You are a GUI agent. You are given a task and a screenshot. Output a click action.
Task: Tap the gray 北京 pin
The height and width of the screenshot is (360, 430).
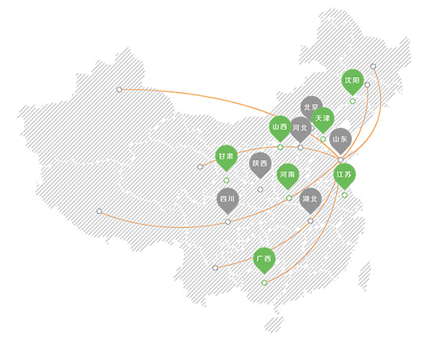tap(310, 105)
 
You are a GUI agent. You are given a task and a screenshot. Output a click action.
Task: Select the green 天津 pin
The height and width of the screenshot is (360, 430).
tap(323, 119)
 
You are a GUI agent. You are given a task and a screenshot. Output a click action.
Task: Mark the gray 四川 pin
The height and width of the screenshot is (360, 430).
tap(228, 200)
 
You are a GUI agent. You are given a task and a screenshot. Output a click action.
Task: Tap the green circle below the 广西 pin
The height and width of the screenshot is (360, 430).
tap(264, 283)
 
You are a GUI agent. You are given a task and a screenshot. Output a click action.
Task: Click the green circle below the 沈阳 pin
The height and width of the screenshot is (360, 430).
tap(353, 102)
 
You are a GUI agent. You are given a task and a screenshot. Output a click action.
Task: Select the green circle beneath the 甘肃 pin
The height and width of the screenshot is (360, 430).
tap(226, 180)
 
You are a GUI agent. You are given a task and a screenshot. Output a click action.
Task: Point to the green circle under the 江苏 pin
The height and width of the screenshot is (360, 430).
tap(345, 195)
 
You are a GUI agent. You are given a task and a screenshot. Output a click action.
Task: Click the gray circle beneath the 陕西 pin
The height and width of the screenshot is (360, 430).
tap(260, 189)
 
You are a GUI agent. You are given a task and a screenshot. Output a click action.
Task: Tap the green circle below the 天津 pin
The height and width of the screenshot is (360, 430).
tap(323, 139)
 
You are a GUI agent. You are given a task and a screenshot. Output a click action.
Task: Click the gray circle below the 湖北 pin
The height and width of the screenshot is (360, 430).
tap(310, 221)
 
